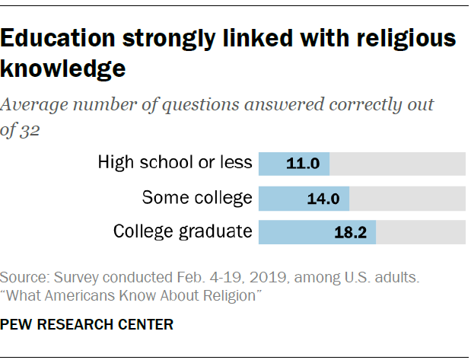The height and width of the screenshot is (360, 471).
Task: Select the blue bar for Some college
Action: (285, 199)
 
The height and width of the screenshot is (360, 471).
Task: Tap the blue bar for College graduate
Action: (297, 232)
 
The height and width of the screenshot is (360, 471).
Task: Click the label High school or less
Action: (174, 162)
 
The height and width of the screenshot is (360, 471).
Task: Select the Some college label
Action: (197, 198)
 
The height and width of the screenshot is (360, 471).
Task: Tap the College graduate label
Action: (182, 231)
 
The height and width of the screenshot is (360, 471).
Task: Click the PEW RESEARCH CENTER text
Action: (87, 324)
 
